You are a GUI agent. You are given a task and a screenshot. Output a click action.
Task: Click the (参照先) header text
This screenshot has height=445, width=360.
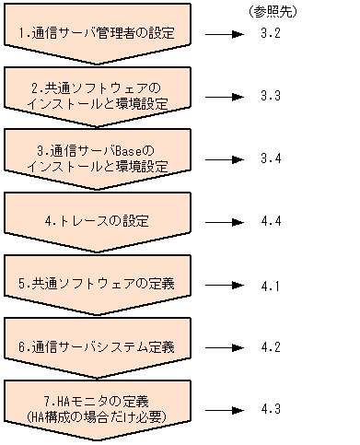coord(273,10)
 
